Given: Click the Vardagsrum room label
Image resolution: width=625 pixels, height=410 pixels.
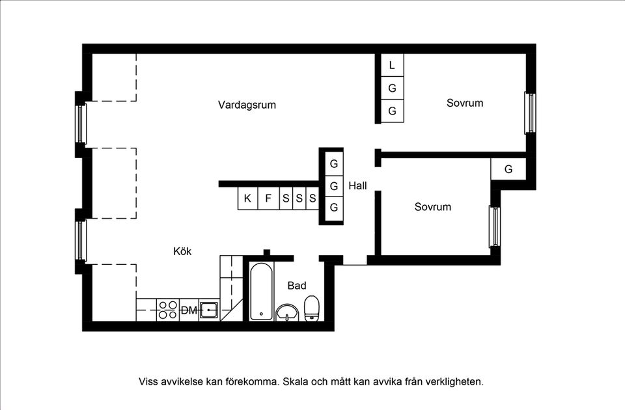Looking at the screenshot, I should (247, 105).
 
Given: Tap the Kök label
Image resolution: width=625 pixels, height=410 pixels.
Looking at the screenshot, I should (182, 251).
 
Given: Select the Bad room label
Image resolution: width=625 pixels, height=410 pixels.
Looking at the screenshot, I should (297, 286).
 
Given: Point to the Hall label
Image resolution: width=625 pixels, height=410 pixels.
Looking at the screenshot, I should (357, 186).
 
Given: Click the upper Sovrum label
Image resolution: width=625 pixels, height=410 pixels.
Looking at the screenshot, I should (465, 103).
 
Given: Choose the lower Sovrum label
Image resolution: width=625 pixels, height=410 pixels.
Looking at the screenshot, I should (433, 207).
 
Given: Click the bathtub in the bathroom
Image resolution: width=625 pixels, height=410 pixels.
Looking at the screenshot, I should (261, 292).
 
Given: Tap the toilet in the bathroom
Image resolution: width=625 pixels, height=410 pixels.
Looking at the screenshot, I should (312, 308).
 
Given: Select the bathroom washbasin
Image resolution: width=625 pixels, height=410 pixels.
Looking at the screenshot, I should (286, 313).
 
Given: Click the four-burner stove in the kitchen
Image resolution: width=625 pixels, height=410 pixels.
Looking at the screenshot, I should (167, 310).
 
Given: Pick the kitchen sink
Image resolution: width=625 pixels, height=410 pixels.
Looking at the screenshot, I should (209, 309).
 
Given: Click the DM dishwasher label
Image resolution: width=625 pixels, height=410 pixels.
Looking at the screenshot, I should (188, 311).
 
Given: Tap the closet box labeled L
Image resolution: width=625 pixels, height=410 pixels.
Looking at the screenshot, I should (392, 65).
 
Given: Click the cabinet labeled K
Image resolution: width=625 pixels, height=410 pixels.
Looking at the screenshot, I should (247, 198).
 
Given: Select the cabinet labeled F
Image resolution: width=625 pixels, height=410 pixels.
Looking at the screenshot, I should (268, 198).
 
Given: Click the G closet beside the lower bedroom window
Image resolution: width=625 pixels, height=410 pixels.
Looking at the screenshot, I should (508, 169).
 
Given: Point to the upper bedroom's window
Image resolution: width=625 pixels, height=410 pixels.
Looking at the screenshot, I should (530, 113).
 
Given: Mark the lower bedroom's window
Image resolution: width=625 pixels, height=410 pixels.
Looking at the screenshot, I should (494, 226).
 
